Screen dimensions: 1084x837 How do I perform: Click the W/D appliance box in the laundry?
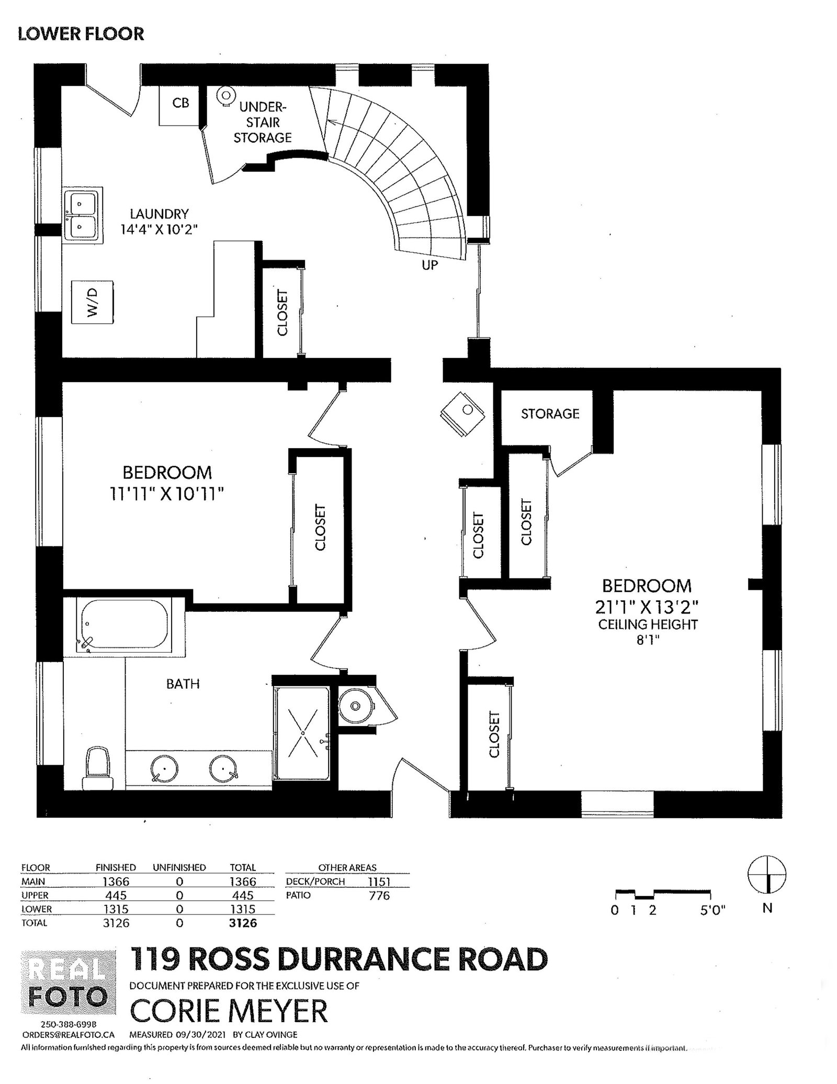[92, 303]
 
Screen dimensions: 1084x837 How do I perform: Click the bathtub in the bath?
[123, 625]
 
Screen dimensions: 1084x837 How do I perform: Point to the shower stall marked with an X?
[303, 733]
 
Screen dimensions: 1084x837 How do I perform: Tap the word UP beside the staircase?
[429, 265]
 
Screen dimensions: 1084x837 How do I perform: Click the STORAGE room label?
[550, 414]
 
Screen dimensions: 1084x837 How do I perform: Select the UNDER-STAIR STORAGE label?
[262, 122]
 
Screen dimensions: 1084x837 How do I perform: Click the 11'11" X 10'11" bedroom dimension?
[167, 494]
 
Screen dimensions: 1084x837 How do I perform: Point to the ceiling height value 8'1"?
[648, 640]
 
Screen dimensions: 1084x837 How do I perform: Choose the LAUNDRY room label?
[159, 214]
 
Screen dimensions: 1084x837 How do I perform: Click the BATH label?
[183, 684]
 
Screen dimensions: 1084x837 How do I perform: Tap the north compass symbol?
[767, 875]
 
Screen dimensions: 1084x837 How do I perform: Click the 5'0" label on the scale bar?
[713, 910]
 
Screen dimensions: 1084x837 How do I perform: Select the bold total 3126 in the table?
[243, 923]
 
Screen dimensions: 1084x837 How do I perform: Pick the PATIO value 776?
[379, 896]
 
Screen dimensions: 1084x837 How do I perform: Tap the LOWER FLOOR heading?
[81, 34]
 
